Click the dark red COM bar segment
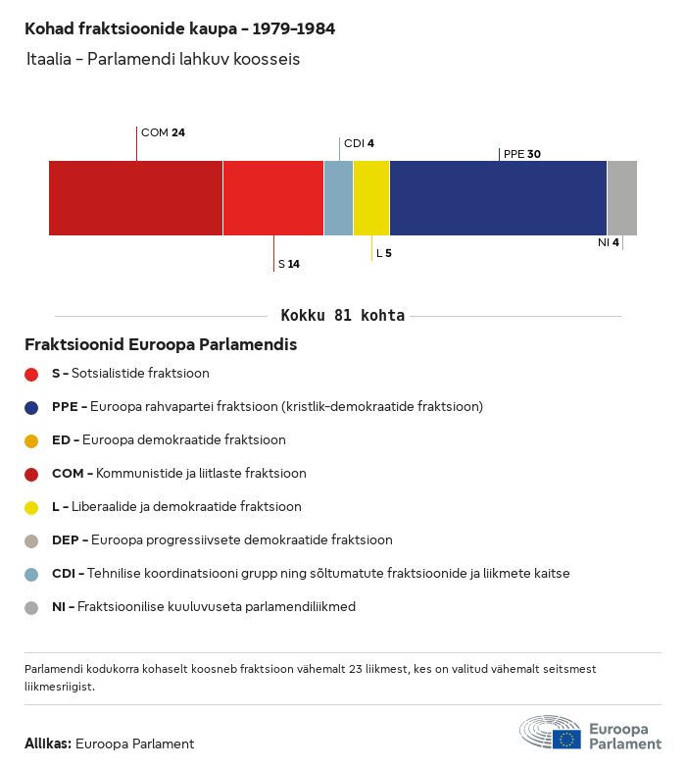tap(135, 198)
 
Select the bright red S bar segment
tap(273, 198)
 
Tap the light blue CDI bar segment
tap(338, 198)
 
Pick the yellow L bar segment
tap(371, 198)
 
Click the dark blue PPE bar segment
tap(498, 198)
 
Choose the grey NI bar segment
tap(621, 198)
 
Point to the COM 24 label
tap(163, 132)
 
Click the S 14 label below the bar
tap(289, 264)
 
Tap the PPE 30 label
tap(521, 154)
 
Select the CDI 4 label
tap(359, 143)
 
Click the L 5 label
tap(384, 253)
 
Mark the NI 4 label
tap(609, 242)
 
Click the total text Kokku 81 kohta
tap(342, 316)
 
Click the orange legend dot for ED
tap(31, 440)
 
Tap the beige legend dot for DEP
tap(31, 540)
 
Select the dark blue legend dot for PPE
tap(31, 407)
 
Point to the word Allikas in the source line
tap(47, 743)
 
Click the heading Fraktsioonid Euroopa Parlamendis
tap(161, 345)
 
